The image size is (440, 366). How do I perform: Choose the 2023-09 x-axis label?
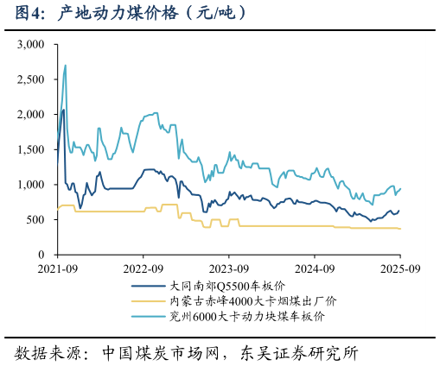point(228,268)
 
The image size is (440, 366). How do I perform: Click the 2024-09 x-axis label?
point(314,268)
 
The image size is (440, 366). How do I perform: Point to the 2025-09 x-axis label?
point(399,268)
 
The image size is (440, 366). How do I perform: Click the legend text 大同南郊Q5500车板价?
point(227,286)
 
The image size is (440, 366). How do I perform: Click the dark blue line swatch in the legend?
point(148,286)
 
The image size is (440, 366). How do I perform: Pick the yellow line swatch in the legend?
point(148,301)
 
